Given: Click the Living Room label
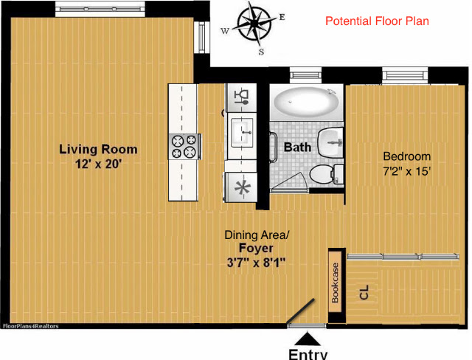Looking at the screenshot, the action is (x=98, y=149).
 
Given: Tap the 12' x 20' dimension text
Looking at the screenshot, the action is (x=98, y=165).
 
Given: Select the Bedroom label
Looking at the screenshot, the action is (x=406, y=156).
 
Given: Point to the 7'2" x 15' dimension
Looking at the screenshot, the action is (x=406, y=171).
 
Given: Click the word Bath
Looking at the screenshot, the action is (x=297, y=148).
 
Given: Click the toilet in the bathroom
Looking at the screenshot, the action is (x=327, y=174).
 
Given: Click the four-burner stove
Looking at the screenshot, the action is (x=184, y=147).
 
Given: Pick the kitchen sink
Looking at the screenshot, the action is (x=242, y=133).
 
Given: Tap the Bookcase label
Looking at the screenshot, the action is (x=335, y=283).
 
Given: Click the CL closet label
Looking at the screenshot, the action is (x=364, y=292).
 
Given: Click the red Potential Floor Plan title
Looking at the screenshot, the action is (x=377, y=21).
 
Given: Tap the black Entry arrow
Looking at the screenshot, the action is (x=307, y=339).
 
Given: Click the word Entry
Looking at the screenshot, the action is (x=308, y=355).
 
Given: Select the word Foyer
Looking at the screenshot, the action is (x=256, y=248).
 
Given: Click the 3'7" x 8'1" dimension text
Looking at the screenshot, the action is (x=256, y=263).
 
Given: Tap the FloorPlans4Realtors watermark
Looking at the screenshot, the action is (x=30, y=326).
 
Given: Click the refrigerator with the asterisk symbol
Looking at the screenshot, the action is (x=242, y=187).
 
